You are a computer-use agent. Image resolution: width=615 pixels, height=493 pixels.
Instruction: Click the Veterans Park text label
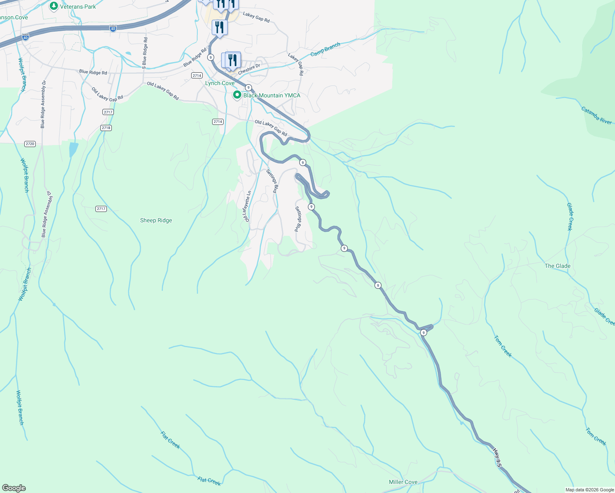pyautogui.click(x=78, y=7)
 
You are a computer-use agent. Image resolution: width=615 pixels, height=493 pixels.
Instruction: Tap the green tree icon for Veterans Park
pyautogui.click(x=53, y=6)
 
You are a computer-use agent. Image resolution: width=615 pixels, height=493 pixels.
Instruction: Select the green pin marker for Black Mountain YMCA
pyautogui.click(x=237, y=95)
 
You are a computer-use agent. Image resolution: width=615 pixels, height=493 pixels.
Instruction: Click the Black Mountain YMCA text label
pyautogui.click(x=272, y=95)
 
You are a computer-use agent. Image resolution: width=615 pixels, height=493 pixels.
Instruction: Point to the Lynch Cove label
pyautogui.click(x=220, y=83)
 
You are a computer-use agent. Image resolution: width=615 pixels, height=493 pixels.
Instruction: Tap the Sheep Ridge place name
pyautogui.click(x=156, y=220)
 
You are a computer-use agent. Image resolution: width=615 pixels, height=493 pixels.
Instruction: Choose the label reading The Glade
pyautogui.click(x=557, y=266)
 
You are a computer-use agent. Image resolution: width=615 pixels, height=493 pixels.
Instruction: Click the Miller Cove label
pyautogui.click(x=403, y=482)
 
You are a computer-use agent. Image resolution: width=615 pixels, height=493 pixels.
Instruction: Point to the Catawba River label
pyautogui.click(x=597, y=115)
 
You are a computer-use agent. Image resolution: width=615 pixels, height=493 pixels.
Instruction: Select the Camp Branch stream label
pyautogui.click(x=325, y=49)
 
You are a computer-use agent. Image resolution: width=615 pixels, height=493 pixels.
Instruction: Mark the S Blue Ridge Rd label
pyautogui.click(x=145, y=51)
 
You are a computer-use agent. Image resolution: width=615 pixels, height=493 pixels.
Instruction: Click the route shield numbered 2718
pyautogui.click(x=106, y=128)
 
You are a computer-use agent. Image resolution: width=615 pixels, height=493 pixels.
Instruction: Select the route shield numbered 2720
pyautogui.click(x=30, y=144)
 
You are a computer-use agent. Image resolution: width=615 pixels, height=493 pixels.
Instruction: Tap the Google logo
pyautogui.click(x=14, y=488)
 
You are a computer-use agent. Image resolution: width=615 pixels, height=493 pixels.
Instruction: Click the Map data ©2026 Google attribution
pyautogui.click(x=589, y=490)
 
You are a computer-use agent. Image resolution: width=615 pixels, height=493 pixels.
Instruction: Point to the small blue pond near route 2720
pyautogui.click(x=73, y=150)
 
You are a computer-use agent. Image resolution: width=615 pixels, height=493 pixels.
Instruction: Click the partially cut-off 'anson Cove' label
pyautogui.click(x=14, y=17)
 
